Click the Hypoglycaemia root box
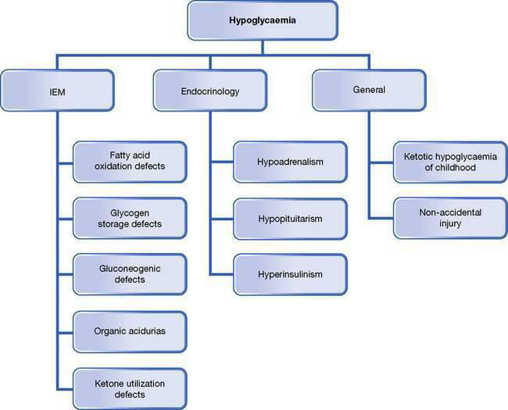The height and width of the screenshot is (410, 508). coord(263,20)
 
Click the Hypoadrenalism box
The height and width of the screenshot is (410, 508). coord(290,161)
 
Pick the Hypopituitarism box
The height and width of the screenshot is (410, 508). coord(290,219)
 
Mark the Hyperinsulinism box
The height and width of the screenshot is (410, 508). coord(290,275)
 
